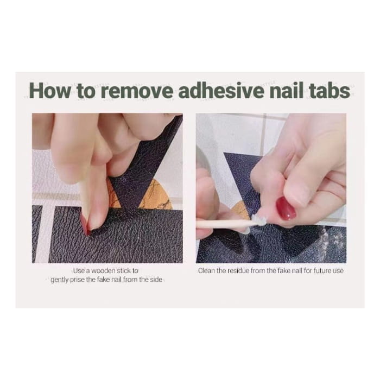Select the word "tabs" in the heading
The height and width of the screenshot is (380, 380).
point(326,91)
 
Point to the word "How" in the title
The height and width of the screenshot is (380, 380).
point(49,91)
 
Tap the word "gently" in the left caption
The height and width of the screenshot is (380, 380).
point(61,280)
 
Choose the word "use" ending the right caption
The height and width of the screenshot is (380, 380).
point(338,270)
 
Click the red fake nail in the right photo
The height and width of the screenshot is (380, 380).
point(286,208)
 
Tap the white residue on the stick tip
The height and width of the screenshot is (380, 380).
point(257,220)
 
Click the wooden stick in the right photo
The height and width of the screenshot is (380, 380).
point(223,223)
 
